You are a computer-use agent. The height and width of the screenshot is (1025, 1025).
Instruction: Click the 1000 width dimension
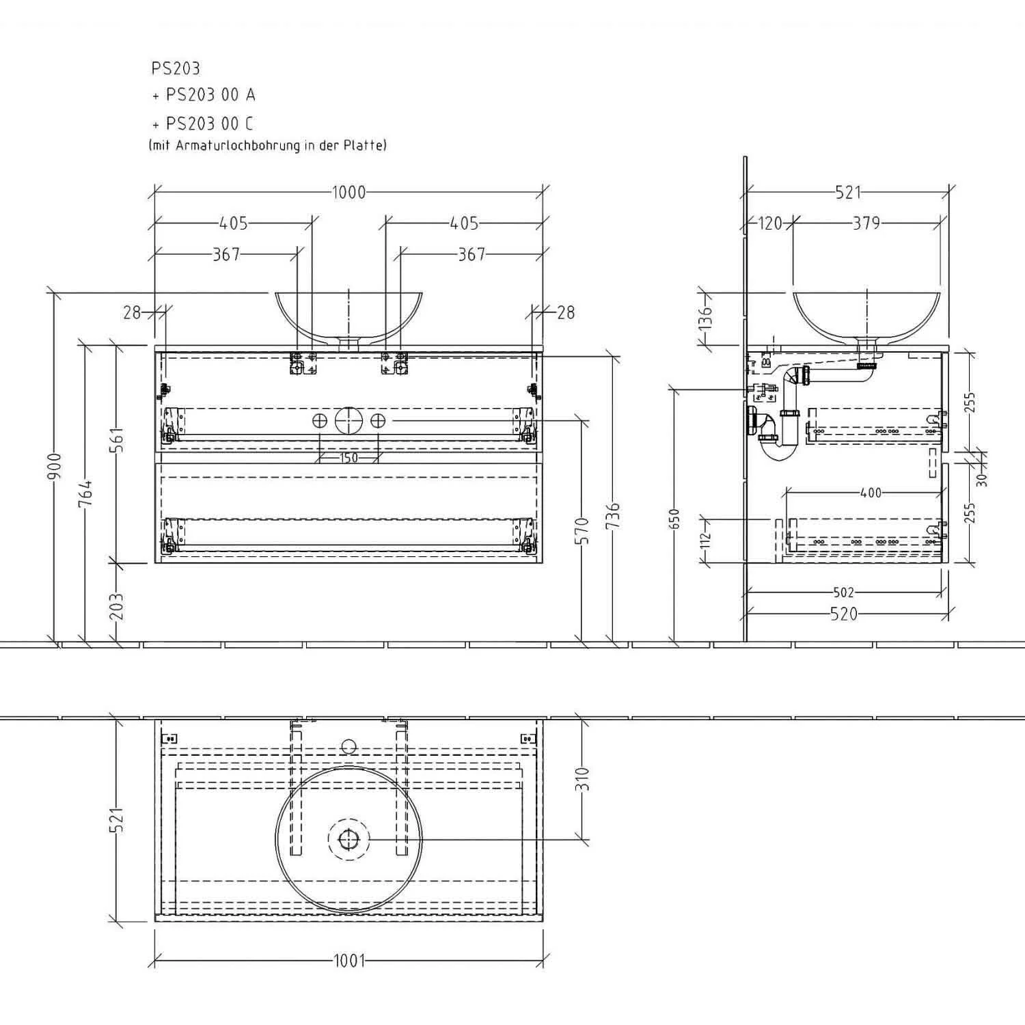coord(349,193)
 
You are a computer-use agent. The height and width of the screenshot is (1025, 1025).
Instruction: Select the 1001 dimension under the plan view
coord(349,961)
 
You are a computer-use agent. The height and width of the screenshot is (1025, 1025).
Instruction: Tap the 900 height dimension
coord(55,467)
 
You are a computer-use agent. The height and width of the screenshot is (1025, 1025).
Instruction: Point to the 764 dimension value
coord(85,494)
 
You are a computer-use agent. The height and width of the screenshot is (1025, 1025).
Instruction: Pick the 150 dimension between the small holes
coord(348,458)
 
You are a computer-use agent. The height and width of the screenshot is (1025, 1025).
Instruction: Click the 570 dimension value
coord(582,531)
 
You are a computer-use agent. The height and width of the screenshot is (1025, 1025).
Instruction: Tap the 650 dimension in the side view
coord(675,519)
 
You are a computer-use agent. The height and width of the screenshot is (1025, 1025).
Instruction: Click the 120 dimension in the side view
coord(770,223)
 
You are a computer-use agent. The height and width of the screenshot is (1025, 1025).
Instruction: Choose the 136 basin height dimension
coord(707,318)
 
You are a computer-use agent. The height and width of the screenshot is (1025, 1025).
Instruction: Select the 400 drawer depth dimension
coord(871,493)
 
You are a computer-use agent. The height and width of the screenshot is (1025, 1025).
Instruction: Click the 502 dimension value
coord(844,592)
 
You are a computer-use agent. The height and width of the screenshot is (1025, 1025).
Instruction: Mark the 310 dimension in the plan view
coord(583,778)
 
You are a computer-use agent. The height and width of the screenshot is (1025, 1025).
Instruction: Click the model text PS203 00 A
coord(210,95)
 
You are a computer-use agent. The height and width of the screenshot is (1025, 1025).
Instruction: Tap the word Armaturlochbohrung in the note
coord(239,145)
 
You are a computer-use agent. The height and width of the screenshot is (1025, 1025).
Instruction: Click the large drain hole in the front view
coord(348,420)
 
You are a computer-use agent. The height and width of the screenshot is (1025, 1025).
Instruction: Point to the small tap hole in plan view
coord(348,745)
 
